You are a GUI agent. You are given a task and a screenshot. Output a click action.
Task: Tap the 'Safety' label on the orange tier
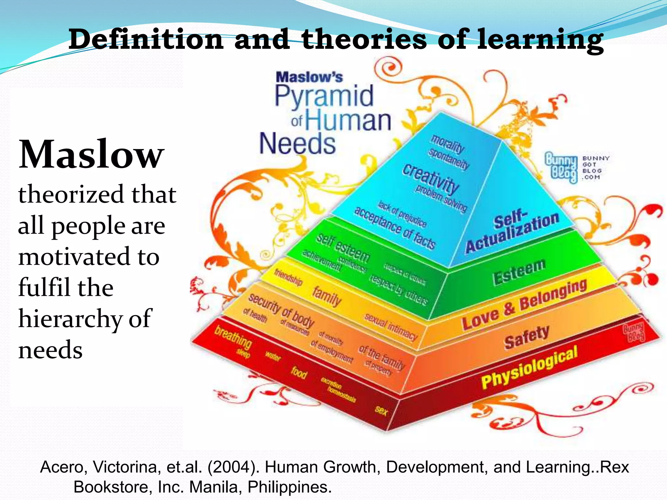tap(527, 337)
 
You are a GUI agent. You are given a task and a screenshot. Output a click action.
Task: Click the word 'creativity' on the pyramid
tap(431, 179)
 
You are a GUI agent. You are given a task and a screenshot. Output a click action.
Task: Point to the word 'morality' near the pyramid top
tap(448, 143)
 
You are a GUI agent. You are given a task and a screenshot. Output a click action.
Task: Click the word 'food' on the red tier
tap(299, 372)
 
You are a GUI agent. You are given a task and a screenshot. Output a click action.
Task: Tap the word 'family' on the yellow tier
tap(327, 296)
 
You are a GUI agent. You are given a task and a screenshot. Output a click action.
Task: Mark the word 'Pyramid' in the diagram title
tap(324, 96)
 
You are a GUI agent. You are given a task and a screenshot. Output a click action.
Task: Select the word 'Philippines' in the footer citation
tap(289, 487)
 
